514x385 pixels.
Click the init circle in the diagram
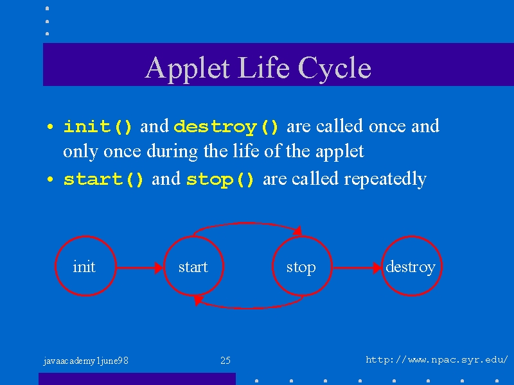pyautogui.click(x=55, y=266)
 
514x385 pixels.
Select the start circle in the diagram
pyautogui.click(x=164, y=266)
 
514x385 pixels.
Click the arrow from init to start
pyautogui.click(x=139, y=268)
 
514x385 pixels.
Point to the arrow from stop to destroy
pyautogui.click(x=357, y=268)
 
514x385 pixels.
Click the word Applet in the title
pyautogui.click(x=187, y=68)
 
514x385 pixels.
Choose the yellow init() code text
pyautogui.click(x=98, y=126)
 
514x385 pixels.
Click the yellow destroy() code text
pyautogui.click(x=226, y=126)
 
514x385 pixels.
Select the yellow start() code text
pyautogui.click(x=103, y=180)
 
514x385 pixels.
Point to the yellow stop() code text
pyautogui.click(x=220, y=180)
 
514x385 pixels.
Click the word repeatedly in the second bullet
pyautogui.click(x=385, y=179)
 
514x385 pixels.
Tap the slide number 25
pyautogui.click(x=226, y=361)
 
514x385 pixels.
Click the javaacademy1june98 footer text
pyautogui.click(x=85, y=361)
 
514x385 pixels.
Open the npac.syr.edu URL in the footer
pyautogui.click(x=437, y=360)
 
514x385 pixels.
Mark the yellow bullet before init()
pyautogui.click(x=50, y=126)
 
